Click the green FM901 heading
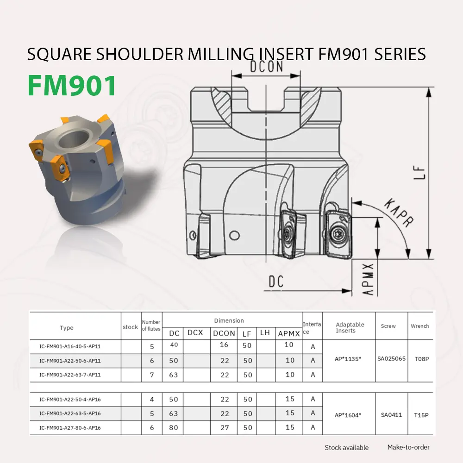tap(72, 85)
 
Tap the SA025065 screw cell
tap(391, 359)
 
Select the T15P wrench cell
tap(421, 415)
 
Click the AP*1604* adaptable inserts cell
tap(348, 415)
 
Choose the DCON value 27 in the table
tap(225, 427)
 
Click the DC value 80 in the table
tap(173, 427)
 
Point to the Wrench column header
tap(420, 326)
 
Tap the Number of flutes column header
tap(151, 325)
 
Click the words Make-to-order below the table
tap(408, 447)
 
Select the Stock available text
tap(346, 447)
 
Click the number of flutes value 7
tap(152, 375)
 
